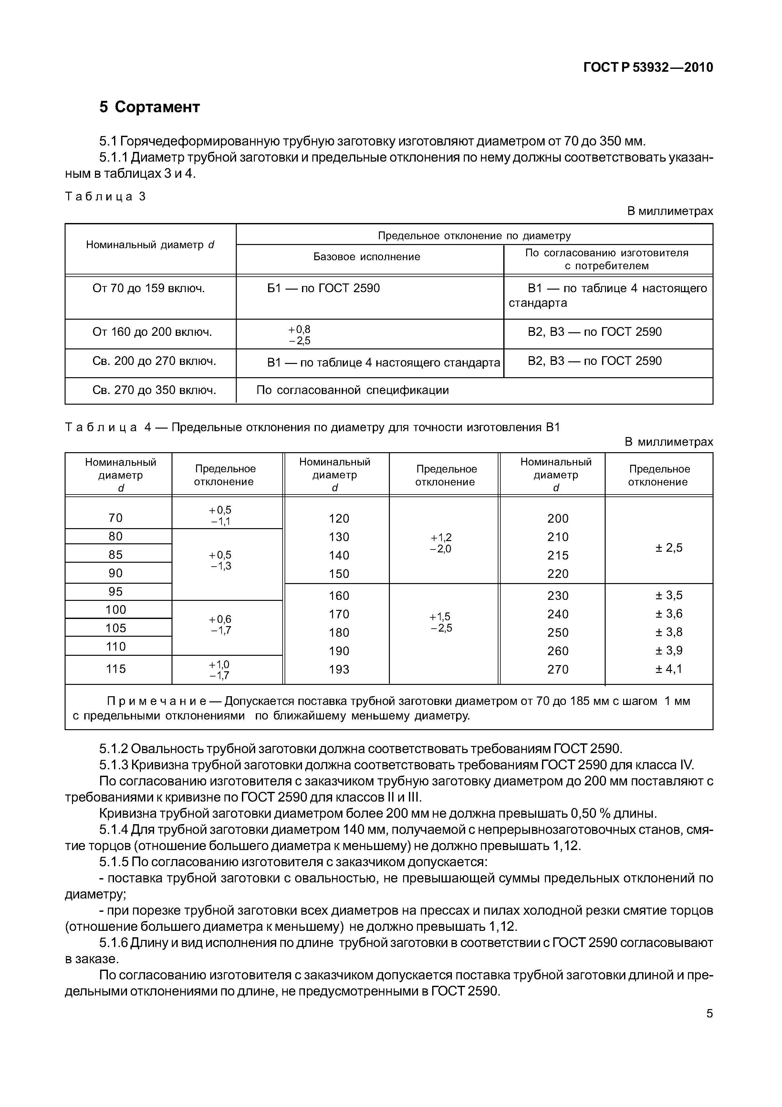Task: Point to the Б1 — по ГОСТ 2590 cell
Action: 323,288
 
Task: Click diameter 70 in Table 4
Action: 116,518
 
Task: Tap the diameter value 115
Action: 116,669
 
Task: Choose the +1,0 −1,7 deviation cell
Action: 220,670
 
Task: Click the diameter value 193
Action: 339,669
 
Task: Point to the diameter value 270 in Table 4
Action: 558,669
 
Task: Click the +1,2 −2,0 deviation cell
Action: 441,543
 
